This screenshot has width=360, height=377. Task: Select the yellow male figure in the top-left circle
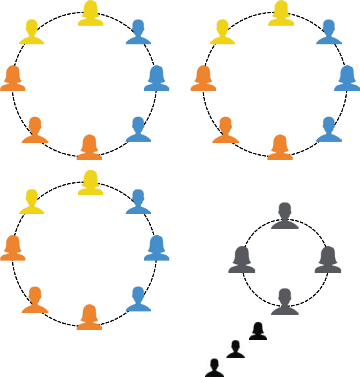click(32, 33)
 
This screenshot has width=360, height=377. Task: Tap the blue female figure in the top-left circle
click(157, 79)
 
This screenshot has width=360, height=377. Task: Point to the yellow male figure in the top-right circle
click(222, 33)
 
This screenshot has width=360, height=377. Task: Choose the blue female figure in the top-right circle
click(347, 79)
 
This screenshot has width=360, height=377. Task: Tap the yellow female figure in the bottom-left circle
click(90, 183)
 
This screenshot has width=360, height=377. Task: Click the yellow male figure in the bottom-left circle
click(32, 202)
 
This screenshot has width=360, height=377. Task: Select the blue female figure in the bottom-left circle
click(157, 248)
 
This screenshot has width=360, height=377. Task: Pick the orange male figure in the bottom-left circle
click(35, 300)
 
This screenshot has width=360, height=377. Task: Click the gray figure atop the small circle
click(285, 216)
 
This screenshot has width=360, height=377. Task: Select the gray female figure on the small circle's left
click(242, 260)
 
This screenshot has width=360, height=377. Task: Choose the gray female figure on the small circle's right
click(328, 260)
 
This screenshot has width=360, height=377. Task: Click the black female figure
click(258, 331)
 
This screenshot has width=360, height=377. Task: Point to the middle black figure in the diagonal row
click(236, 350)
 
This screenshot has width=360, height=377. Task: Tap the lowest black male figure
click(215, 368)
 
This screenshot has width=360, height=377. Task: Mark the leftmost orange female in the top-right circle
click(203, 79)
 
